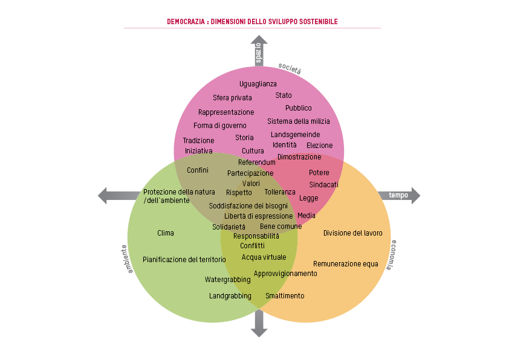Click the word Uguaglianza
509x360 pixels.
tap(258, 84)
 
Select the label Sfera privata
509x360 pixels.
tap(232, 98)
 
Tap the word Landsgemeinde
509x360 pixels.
tap(295, 135)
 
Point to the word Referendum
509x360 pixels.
tap(256, 162)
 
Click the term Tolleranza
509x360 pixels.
tap(280, 192)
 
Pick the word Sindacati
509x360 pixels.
tap(324, 184)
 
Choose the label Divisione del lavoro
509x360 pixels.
tap(352, 233)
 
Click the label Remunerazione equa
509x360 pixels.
tap(345, 264)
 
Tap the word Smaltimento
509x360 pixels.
tap(285, 296)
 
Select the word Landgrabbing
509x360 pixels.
tap(230, 296)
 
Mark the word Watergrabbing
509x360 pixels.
tap(227, 280)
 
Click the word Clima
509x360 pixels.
tap(166, 233)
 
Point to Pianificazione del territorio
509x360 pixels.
tap(184, 260)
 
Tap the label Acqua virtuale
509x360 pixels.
tap(264, 257)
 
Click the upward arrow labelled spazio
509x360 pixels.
tap(258, 51)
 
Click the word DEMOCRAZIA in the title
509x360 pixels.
tap(186, 22)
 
